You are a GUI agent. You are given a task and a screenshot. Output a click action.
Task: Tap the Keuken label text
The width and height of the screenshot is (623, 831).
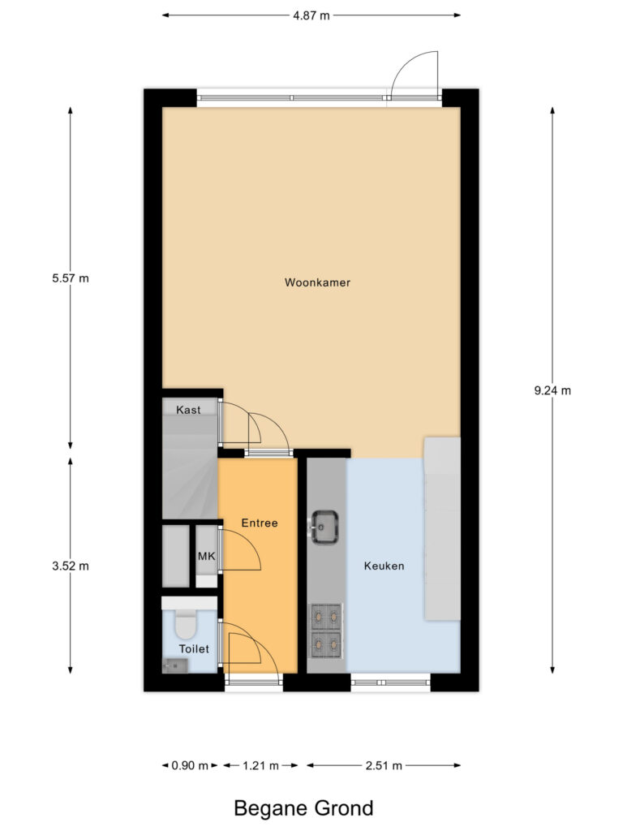point(384,566)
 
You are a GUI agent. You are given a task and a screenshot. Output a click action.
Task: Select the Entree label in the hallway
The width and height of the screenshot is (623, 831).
point(260,523)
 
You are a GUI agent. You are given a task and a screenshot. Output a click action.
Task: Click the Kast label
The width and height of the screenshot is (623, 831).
point(188,410)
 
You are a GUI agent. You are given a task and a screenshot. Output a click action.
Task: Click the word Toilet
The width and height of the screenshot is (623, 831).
point(195,648)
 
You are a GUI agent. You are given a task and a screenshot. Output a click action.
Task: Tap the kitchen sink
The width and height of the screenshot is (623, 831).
point(326,526)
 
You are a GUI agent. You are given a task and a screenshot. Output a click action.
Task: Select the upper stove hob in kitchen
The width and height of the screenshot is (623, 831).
point(326,617)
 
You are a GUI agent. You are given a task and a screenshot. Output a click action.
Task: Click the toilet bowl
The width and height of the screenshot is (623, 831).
point(186,625)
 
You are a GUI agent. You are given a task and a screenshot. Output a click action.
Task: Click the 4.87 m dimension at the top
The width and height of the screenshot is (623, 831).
point(311,15)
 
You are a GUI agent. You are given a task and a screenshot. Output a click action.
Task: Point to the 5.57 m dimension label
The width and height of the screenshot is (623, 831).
point(69,278)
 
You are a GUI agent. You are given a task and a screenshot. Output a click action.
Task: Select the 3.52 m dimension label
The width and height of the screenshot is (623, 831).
point(69,566)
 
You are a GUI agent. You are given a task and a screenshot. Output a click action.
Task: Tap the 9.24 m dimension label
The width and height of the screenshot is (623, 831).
point(552,390)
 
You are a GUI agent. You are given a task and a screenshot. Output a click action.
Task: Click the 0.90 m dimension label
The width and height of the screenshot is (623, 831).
point(190,765)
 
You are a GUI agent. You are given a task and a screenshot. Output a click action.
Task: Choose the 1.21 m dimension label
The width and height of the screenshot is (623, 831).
point(260,765)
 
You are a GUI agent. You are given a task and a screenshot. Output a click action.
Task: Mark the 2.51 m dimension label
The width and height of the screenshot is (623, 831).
point(384,765)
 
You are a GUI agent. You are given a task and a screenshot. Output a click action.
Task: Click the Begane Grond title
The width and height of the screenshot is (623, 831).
point(303,808)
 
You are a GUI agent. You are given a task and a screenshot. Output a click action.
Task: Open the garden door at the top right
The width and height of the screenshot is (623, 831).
point(415,78)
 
